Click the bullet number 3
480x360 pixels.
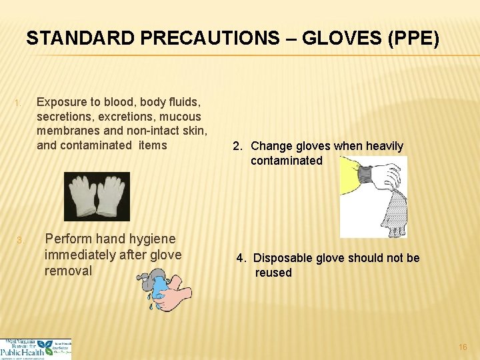click(20, 240)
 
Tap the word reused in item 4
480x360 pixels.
click(273, 273)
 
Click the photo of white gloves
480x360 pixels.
click(97, 197)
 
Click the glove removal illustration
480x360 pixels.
click(373, 197)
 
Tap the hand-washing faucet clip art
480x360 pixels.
click(163, 289)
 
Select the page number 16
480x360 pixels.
click(463, 347)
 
